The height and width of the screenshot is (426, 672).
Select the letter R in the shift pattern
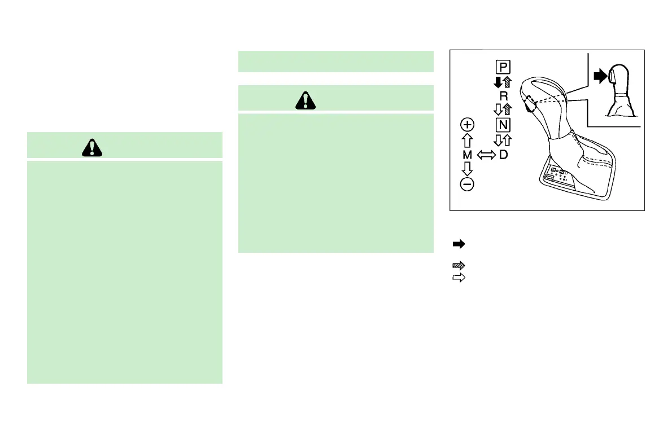(x=504, y=96)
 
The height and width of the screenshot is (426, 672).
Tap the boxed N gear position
(x=503, y=124)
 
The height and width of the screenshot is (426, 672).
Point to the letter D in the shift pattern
(x=503, y=154)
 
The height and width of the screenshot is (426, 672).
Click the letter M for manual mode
(x=467, y=154)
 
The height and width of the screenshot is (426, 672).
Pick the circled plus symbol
(x=467, y=124)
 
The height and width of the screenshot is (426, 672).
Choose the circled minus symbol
(x=467, y=184)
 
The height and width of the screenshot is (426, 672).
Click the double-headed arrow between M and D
(x=485, y=155)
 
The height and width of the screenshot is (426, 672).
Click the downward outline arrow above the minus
(x=467, y=169)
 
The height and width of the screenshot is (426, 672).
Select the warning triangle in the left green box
(x=89, y=147)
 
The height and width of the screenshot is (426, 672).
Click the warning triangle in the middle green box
(x=306, y=100)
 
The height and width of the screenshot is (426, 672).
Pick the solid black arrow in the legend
(x=459, y=244)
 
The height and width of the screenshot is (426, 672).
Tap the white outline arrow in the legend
(x=459, y=278)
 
